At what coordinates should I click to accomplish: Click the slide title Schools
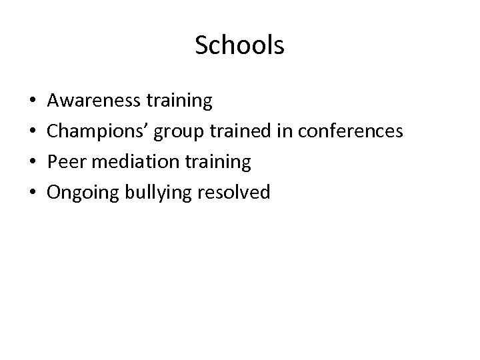point(240,46)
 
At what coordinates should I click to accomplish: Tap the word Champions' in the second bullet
point(99,132)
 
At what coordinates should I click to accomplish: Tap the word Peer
point(66,163)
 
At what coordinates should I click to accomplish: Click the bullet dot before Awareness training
point(33,102)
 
